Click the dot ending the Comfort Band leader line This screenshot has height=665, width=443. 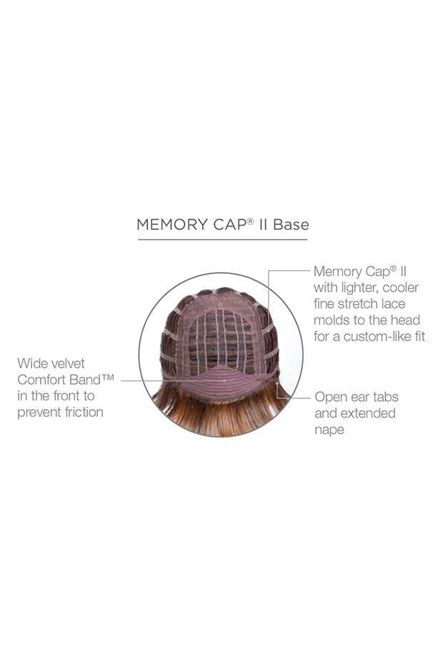pyautogui.click(x=224, y=381)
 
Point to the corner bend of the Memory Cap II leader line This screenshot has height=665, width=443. pyautogui.click(x=269, y=270)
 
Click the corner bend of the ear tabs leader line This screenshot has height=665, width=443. pyautogui.click(x=277, y=398)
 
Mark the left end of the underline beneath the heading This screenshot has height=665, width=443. pyautogui.click(x=138, y=240)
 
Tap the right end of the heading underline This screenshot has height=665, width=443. pyautogui.click(x=307, y=240)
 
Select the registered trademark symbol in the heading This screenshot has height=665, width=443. pyautogui.click(x=251, y=220)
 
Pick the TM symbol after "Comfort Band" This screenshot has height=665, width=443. pyautogui.click(x=108, y=376)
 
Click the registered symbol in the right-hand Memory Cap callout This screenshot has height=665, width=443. pyautogui.click(x=394, y=268)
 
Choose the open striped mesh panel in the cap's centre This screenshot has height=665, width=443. pyautogui.click(x=221, y=341)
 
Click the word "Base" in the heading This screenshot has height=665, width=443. pyautogui.click(x=291, y=225)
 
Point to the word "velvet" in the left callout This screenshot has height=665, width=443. pyautogui.click(x=69, y=363)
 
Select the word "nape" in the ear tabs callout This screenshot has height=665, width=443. pyautogui.click(x=329, y=430)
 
